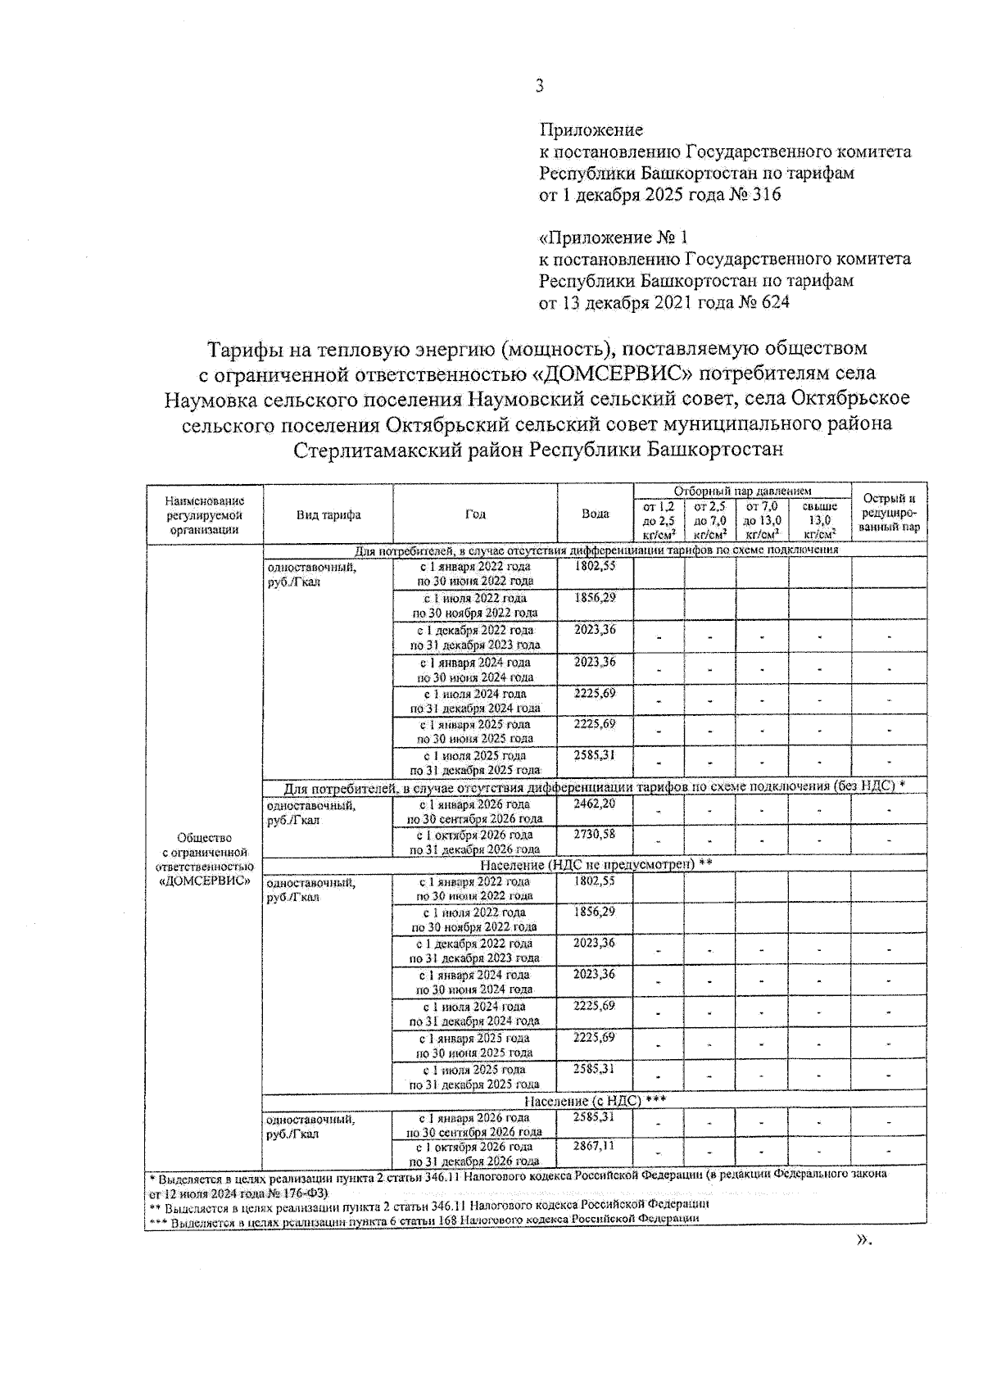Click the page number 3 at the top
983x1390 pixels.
(x=539, y=86)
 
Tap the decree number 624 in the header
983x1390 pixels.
(x=774, y=302)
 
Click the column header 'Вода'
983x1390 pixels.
(x=595, y=514)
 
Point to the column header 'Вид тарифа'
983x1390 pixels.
(x=328, y=514)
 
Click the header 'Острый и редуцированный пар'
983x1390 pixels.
(x=889, y=514)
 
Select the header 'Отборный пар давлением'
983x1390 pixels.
(x=742, y=491)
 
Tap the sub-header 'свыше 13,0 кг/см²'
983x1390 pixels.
(x=820, y=520)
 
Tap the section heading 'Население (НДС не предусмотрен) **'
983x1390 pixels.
(x=596, y=865)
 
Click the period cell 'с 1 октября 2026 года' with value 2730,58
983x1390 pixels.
(x=475, y=842)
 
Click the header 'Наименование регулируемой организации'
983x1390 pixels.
(x=204, y=514)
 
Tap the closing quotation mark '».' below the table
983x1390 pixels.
(x=863, y=1240)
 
